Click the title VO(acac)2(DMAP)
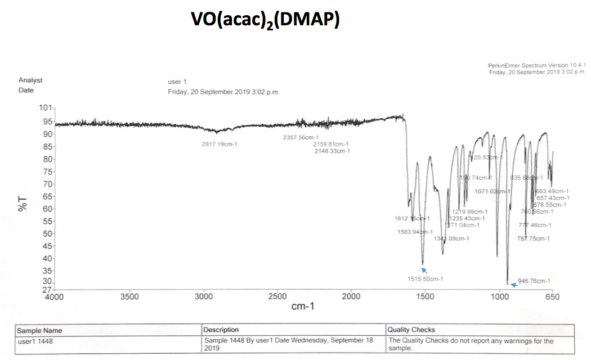(x=265, y=20)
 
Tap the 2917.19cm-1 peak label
(x=220, y=144)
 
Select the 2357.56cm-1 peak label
(x=301, y=138)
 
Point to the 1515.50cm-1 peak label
(x=426, y=279)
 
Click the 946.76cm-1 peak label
(x=534, y=281)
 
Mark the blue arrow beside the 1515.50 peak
(x=424, y=270)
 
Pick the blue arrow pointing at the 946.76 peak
(x=513, y=285)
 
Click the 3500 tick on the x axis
(x=130, y=297)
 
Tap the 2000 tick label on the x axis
(x=351, y=297)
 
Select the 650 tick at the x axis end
(x=553, y=297)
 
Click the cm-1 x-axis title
(x=303, y=307)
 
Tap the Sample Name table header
(x=40, y=330)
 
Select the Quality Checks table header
(x=411, y=330)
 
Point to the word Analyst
(x=30, y=80)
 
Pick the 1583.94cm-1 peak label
(x=415, y=232)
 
